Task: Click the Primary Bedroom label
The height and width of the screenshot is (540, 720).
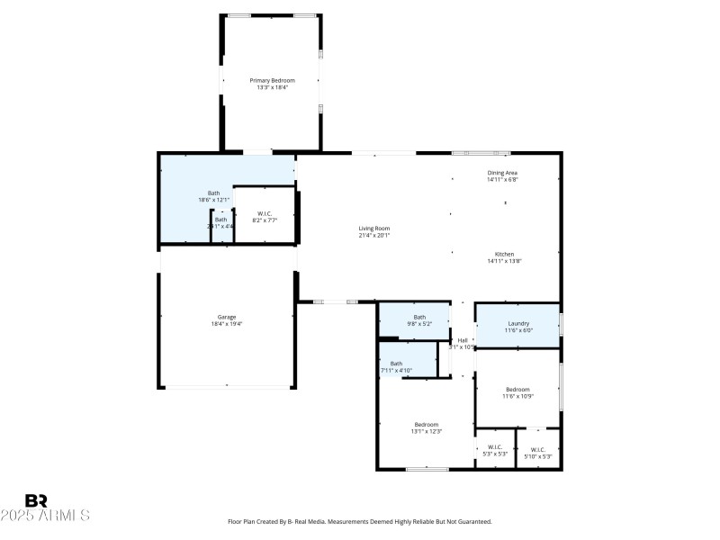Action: pos(272,80)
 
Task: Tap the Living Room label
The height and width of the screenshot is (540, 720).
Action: pos(374,229)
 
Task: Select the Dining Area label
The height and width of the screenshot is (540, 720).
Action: pos(502,172)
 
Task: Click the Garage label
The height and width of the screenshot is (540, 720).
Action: pos(226,317)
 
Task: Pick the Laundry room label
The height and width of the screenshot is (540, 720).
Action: pos(518,323)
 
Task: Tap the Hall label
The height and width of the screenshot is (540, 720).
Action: pos(463,340)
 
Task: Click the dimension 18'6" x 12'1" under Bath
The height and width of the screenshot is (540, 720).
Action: pos(214,199)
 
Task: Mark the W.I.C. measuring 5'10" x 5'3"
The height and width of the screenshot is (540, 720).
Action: pos(538,450)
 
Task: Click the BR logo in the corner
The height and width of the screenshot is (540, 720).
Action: pos(36,500)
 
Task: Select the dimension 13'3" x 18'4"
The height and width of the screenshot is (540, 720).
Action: pos(272,87)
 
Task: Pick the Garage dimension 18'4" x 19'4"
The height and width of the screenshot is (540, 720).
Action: pos(226,324)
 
